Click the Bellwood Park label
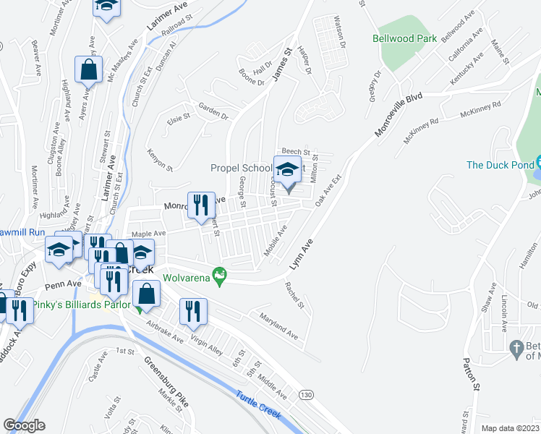(x=404, y=38)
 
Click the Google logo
(x=24, y=425)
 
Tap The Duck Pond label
(x=499, y=165)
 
